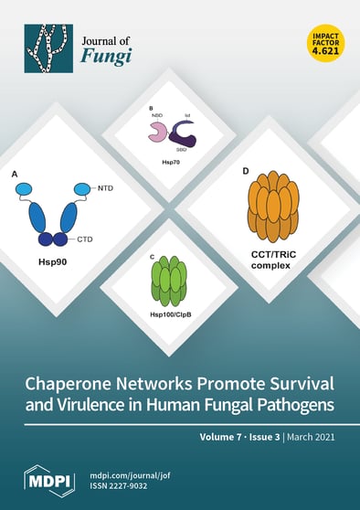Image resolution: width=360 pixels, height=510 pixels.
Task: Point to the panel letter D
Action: click(245, 171)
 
